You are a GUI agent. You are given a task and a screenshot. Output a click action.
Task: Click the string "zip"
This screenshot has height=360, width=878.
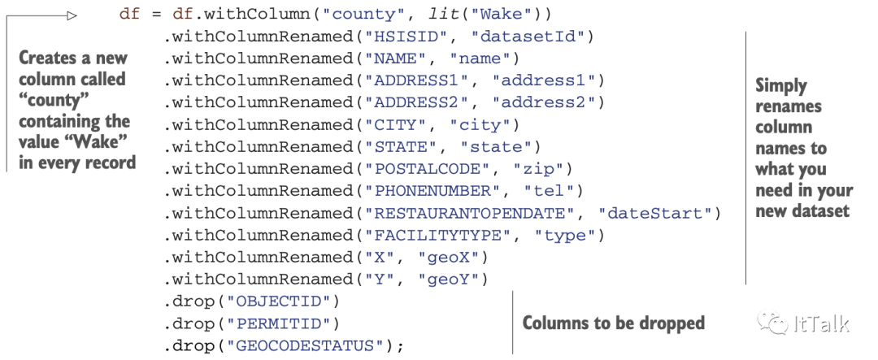[x=542, y=169]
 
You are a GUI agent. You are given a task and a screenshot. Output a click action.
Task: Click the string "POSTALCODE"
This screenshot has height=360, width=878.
[x=428, y=169]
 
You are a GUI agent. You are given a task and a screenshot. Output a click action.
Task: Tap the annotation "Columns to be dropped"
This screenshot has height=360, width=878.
[x=613, y=323]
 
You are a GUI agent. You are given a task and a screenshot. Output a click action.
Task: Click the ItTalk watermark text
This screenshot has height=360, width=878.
[x=821, y=323]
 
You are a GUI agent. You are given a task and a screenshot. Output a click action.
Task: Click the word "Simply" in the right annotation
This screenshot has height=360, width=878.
[x=781, y=85]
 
